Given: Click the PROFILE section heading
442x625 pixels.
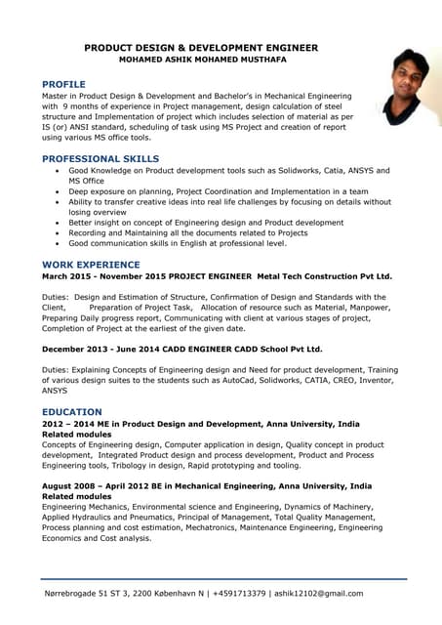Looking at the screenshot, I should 63,84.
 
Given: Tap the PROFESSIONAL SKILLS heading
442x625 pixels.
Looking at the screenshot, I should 100,158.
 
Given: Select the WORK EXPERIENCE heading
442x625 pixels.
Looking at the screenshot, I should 91,264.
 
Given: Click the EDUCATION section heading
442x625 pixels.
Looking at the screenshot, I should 71,412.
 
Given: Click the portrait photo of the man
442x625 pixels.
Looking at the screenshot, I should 407,88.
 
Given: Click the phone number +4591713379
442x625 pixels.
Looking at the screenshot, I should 244,594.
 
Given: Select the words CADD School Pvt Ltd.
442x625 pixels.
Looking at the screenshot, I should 273,349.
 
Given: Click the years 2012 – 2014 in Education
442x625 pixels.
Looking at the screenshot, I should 69,425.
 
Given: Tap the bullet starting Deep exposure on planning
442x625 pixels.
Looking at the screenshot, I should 218,191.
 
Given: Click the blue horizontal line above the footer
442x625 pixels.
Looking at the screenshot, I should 223,579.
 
